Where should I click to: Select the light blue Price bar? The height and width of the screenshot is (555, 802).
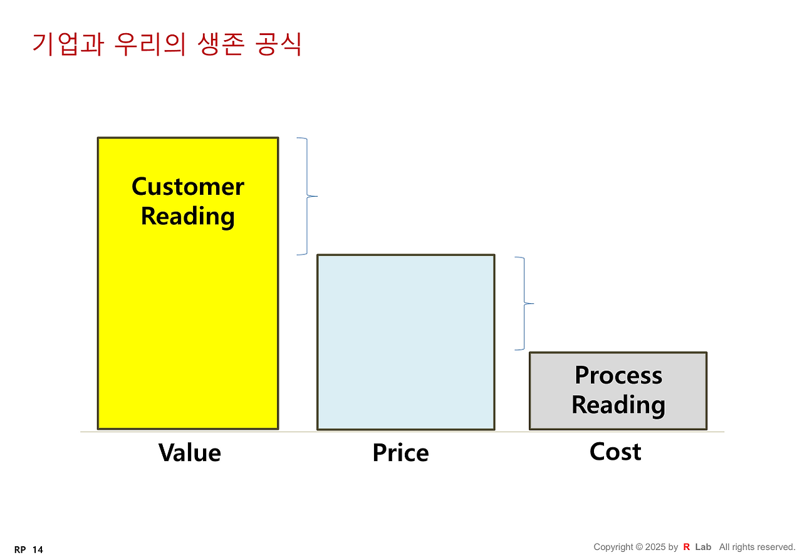point(405,342)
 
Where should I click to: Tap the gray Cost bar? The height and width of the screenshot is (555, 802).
point(618,390)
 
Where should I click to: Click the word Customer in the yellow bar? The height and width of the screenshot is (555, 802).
point(188,187)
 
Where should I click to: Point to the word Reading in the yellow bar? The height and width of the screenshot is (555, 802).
point(188,215)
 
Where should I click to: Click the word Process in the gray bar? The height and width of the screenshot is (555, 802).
point(618,375)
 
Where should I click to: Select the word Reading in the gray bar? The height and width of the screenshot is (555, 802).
point(618,404)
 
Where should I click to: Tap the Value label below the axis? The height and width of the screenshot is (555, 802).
point(189,452)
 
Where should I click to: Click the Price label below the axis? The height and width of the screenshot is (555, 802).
point(400,452)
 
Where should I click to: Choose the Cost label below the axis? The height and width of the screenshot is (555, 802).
point(615,452)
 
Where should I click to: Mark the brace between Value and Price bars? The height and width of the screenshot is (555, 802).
point(308,196)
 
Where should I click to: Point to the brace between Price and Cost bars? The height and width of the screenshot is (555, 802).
point(524,304)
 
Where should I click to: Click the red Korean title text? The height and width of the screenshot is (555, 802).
point(167,44)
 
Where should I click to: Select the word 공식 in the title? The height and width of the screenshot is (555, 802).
point(279,44)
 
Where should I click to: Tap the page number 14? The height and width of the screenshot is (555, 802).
point(38,549)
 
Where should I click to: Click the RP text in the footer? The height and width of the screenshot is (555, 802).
point(20,549)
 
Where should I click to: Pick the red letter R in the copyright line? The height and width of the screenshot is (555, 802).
point(686,547)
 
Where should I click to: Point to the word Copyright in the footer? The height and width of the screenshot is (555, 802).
point(613,547)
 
